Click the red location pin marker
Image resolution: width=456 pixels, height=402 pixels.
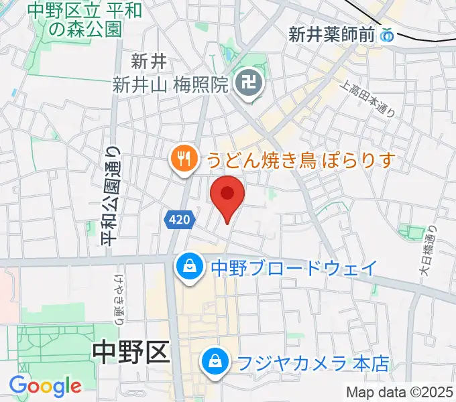227,196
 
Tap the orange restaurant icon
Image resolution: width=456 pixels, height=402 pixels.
182,159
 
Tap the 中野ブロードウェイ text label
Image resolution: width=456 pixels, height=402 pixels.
294,268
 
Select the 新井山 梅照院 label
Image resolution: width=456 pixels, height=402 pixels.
172,84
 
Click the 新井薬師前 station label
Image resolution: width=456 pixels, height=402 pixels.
331,36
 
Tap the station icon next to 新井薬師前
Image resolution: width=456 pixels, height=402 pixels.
387,36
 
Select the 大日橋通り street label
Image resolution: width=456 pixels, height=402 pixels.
429,251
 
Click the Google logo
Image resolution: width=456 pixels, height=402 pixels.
45,385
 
